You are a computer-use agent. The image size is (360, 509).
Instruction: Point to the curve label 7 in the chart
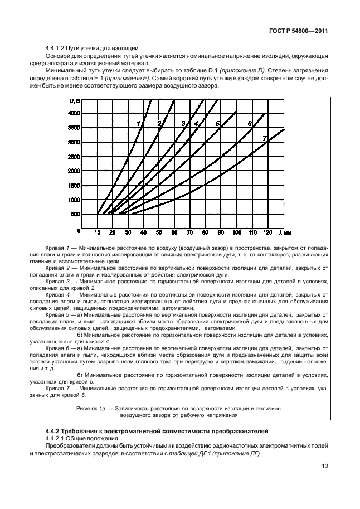click(x=265, y=138)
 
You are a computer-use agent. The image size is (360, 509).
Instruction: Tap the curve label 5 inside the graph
click(x=218, y=123)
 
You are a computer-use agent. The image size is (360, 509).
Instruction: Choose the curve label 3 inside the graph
click(x=183, y=123)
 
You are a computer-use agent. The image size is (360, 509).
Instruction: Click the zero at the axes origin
click(x=79, y=230)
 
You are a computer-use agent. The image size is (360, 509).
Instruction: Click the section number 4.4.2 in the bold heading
click(x=53, y=432)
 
